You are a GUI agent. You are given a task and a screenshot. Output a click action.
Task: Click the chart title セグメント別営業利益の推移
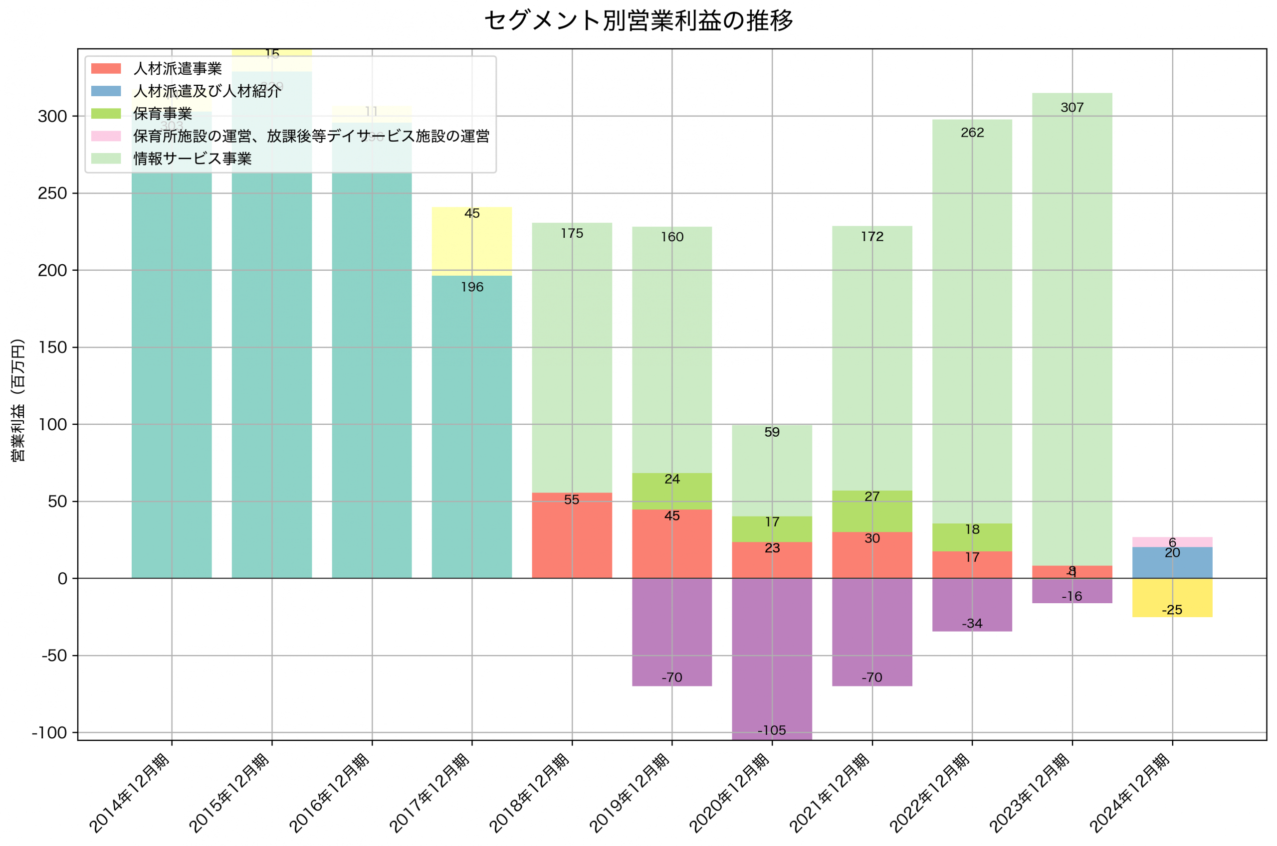pyautogui.click(x=638, y=20)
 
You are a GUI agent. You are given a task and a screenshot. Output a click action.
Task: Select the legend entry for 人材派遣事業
pyautogui.click(x=177, y=68)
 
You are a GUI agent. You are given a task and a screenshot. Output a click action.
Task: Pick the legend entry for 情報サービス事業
pyautogui.click(x=192, y=159)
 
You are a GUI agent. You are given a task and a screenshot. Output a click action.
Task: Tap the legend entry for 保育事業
pyautogui.click(x=163, y=113)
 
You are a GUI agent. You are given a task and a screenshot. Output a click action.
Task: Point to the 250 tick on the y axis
pyautogui.click(x=52, y=193)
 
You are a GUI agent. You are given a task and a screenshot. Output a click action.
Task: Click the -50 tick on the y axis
pyautogui.click(x=54, y=656)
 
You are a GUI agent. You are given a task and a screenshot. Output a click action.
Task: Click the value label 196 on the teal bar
pyautogui.click(x=472, y=287)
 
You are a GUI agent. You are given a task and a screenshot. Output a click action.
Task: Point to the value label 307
pyautogui.click(x=1071, y=107)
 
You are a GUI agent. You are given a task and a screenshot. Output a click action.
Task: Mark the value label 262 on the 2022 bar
pyautogui.click(x=972, y=133)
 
